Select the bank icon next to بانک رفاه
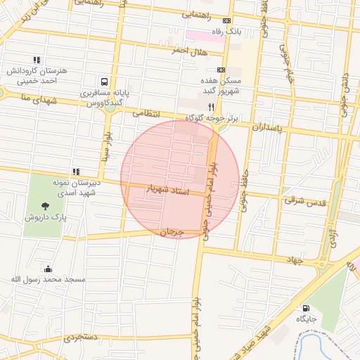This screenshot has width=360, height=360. [225, 20]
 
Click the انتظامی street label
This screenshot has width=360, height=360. [146, 112]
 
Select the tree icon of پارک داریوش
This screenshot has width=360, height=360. [46, 206]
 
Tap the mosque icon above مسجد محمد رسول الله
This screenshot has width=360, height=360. [47, 269]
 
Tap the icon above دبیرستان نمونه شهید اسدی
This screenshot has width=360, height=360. [75, 172]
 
